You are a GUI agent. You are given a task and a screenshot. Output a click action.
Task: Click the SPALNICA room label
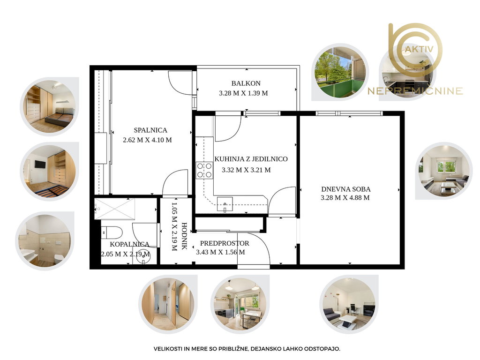[x=150, y=130]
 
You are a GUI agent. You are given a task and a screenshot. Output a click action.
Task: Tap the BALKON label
[x=246, y=83]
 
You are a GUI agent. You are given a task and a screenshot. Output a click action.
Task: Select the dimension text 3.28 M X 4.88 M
[x=345, y=198]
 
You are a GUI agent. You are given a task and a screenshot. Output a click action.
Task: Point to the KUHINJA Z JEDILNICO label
[x=251, y=159]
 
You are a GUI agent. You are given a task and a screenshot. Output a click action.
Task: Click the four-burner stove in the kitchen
[x=204, y=171]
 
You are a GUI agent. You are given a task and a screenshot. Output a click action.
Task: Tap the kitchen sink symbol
[x=225, y=204]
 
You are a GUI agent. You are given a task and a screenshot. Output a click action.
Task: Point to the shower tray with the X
[x=114, y=209]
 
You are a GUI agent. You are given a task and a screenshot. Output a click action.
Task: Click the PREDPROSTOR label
[x=225, y=243]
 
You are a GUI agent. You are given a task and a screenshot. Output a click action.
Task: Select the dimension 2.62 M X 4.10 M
[x=147, y=140]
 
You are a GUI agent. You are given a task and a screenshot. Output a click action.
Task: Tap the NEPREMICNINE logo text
[x=415, y=91]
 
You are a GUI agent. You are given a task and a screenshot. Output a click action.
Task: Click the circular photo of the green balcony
[x=340, y=72]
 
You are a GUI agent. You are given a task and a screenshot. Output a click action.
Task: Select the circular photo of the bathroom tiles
[x=45, y=240]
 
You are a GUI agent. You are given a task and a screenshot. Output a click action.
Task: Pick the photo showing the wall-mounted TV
[x=50, y=172]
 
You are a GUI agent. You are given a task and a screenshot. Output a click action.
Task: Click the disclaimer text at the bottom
[x=247, y=349]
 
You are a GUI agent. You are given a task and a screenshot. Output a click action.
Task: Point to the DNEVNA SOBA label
[x=345, y=189]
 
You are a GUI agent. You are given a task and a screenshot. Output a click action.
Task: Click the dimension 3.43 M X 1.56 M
[x=220, y=252]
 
